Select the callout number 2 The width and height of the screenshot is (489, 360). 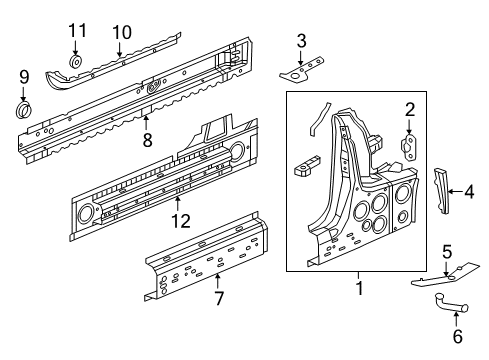[x=409, y=110]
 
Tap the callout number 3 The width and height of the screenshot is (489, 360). [x=301, y=40]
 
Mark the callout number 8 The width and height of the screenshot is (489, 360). [x=147, y=141]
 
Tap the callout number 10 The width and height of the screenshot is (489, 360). [x=121, y=32]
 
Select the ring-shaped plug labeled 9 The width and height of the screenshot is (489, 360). [x=25, y=106]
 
